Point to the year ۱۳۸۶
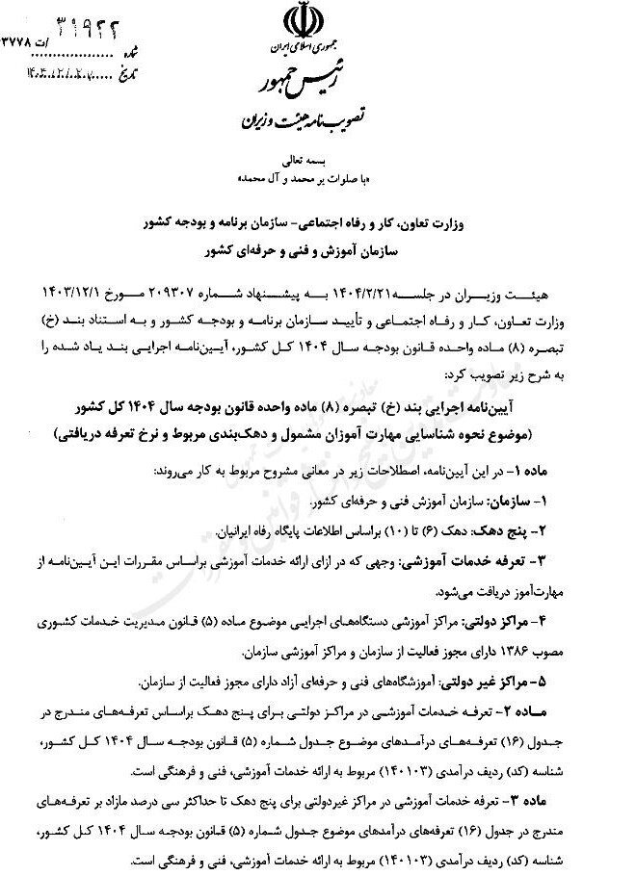[x=490, y=649]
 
